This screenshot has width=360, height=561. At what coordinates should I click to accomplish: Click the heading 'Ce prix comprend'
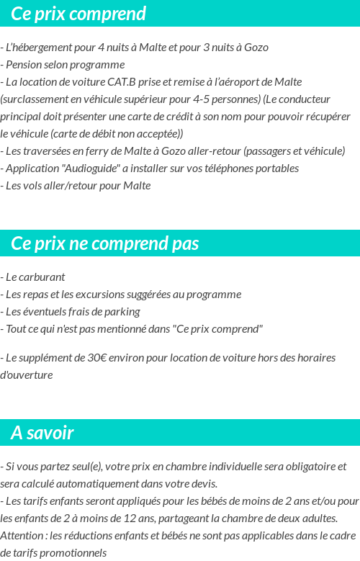point(78,14)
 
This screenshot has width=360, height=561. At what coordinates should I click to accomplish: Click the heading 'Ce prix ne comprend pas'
point(105,243)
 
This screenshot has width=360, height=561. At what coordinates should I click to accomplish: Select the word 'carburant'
point(42,277)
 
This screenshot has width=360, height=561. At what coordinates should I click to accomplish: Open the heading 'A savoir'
point(42,433)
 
